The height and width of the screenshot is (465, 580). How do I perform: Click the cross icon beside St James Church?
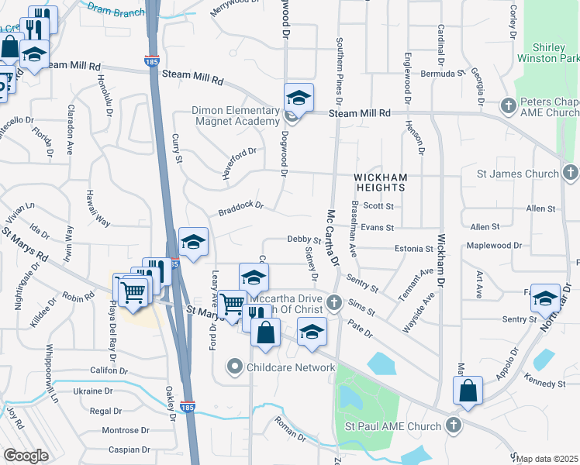(570, 173)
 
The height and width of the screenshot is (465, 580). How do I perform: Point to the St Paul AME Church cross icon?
(454, 425)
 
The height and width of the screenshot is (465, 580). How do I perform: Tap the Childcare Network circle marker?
(235, 367)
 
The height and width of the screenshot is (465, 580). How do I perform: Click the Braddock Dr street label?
(241, 208)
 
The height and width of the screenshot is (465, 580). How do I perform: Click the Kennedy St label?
(544, 384)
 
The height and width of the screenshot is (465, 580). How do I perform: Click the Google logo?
(26, 456)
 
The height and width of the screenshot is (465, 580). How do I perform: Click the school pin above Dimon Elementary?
(299, 98)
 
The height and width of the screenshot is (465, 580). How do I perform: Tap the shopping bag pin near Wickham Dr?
(468, 391)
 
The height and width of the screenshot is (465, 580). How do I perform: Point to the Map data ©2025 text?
(548, 459)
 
